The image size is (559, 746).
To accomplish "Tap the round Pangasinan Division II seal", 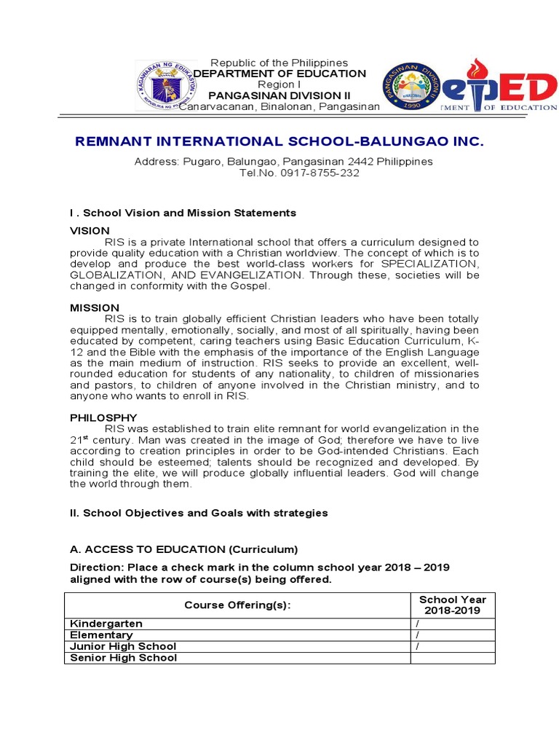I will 412,86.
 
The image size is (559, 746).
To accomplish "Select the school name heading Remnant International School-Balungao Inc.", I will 279,141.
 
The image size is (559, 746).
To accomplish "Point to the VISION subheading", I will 90,230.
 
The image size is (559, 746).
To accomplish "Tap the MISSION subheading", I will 95,308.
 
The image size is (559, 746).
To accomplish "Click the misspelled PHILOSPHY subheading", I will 103,417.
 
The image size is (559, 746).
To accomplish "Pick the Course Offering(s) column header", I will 232,605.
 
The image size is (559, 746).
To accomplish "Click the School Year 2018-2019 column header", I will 453,605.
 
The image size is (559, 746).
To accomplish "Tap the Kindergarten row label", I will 106,624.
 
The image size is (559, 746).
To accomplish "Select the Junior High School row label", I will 123,646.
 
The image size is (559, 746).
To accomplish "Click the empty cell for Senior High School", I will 453,658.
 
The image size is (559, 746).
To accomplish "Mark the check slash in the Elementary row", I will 418,635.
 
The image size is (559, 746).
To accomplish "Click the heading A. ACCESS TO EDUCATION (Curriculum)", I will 183,549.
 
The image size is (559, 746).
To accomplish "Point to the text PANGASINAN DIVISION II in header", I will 274,95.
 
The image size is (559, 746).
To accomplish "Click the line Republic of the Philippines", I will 279,63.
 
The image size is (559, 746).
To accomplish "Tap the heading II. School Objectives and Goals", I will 199,513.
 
